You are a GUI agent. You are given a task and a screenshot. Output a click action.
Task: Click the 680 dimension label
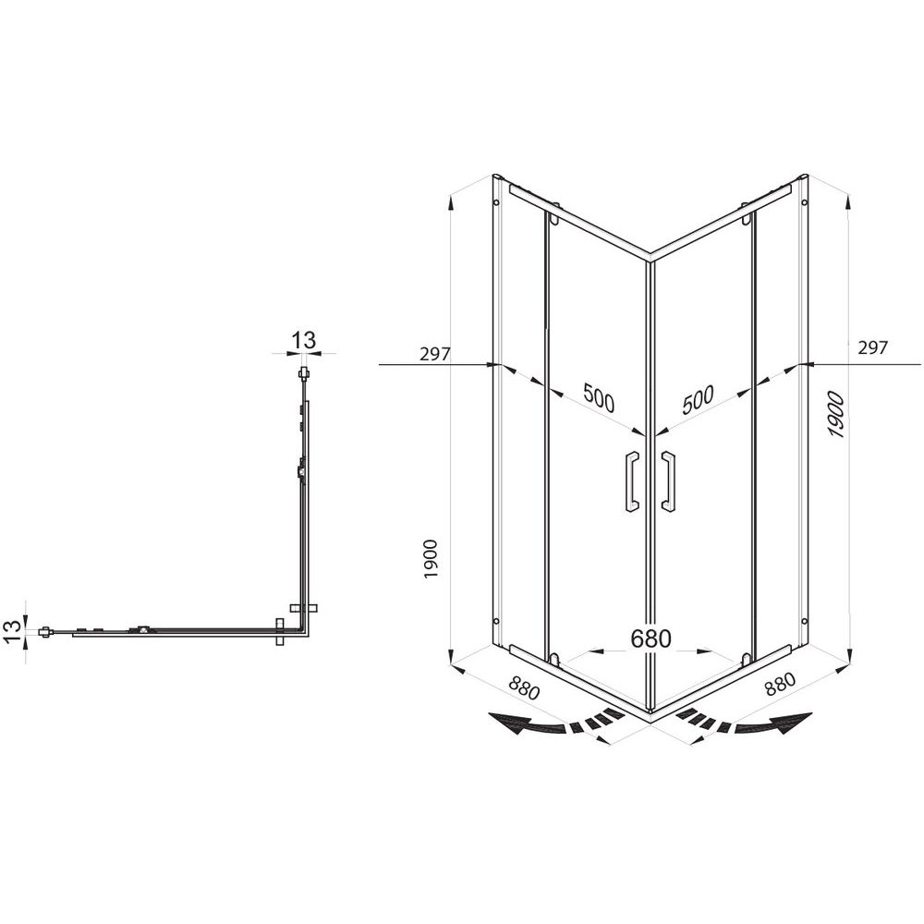click(x=650, y=638)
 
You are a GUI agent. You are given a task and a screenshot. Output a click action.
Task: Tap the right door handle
click(x=668, y=480)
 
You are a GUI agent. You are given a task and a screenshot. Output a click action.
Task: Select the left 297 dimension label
click(x=435, y=354)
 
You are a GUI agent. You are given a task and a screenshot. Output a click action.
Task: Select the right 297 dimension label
click(x=872, y=347)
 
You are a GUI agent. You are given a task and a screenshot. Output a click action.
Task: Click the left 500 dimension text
click(x=598, y=397)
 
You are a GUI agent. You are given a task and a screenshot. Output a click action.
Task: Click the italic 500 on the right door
click(x=698, y=400)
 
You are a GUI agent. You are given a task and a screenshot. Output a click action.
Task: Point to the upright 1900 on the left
click(x=431, y=559)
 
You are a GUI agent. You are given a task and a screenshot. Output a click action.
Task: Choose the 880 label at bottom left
click(x=524, y=687)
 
